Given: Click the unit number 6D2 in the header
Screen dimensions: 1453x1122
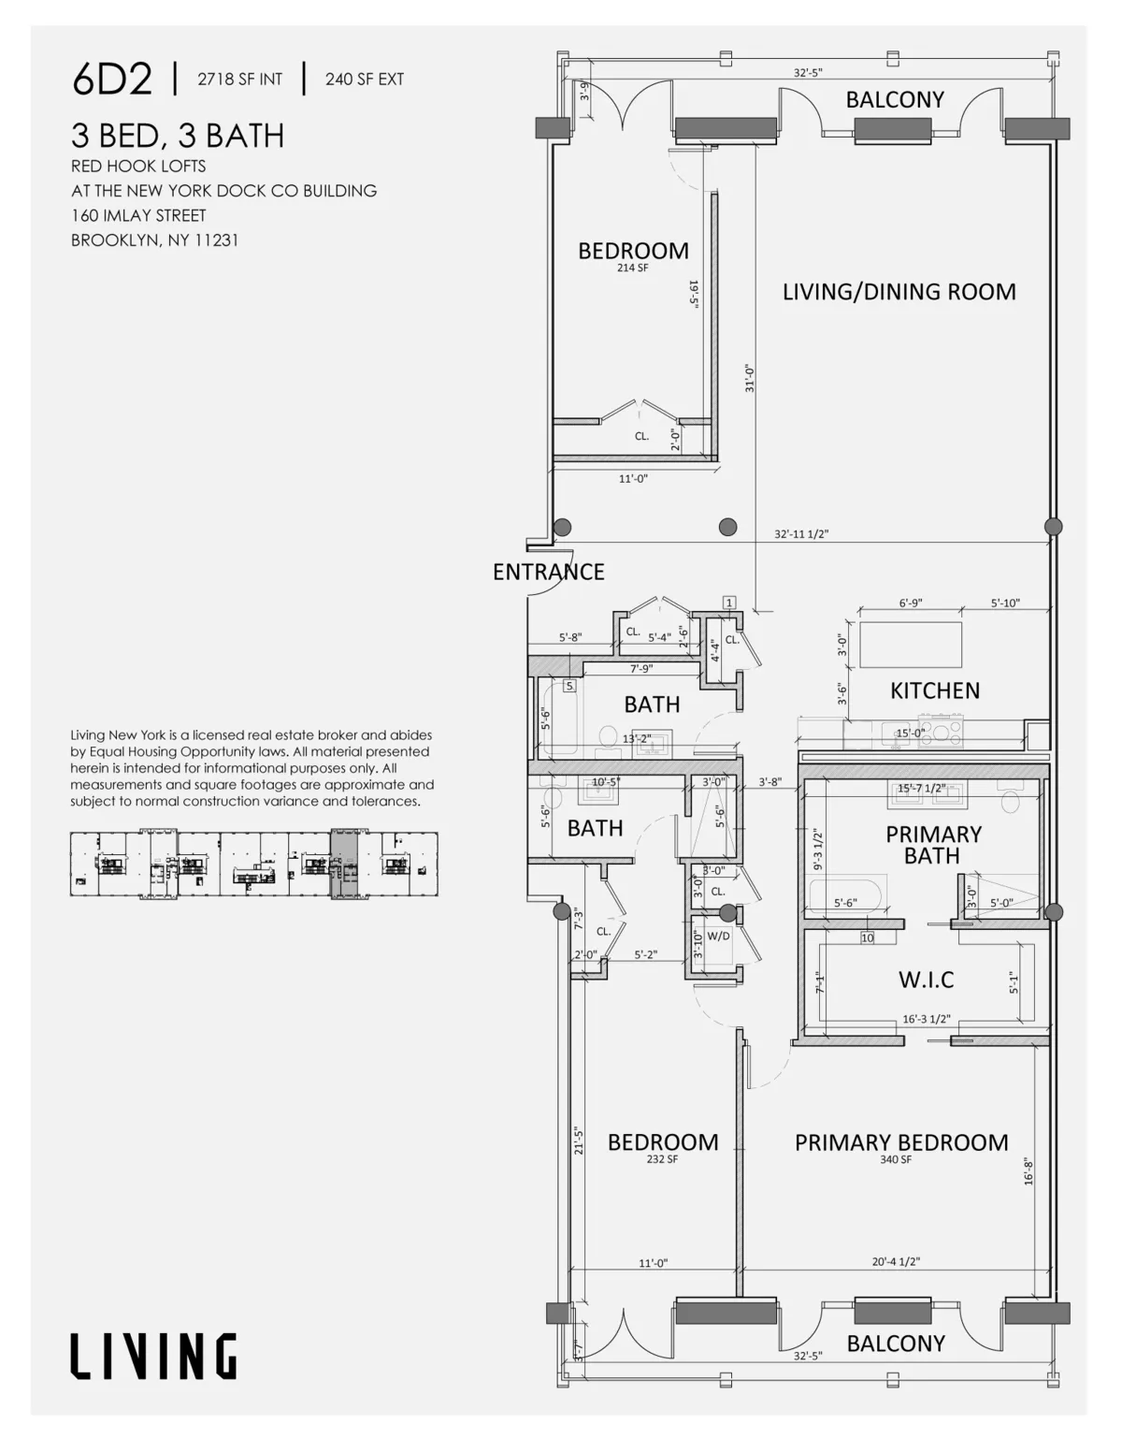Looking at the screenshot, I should tap(111, 80).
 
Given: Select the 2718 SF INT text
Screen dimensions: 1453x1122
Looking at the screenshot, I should tap(239, 80).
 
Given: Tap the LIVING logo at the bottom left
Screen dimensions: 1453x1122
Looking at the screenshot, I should tap(154, 1357).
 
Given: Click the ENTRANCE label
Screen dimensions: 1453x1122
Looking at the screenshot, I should tap(548, 572).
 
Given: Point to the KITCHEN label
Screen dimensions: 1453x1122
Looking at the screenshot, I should tap(934, 690).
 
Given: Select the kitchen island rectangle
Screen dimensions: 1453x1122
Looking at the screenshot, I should tap(910, 644).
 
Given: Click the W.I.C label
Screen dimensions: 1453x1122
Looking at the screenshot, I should tap(926, 980).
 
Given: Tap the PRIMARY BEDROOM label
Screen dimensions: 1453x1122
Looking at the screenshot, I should tap(901, 1142).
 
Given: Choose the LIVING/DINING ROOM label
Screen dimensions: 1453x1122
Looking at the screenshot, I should tap(899, 292).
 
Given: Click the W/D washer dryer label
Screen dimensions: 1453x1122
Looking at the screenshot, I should tap(718, 936).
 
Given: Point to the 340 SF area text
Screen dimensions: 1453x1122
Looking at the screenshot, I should tap(895, 1160).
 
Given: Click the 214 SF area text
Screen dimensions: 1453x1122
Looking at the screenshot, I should tap(632, 268).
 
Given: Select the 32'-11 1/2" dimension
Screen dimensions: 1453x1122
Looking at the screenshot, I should tap(801, 534).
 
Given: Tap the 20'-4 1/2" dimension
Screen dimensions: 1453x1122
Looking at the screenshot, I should tap(895, 1261).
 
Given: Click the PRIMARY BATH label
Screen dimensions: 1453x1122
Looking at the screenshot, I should tap(933, 845).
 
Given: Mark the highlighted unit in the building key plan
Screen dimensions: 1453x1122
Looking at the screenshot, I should tap(345, 865).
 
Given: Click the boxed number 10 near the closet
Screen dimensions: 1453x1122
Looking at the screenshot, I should tap(867, 937).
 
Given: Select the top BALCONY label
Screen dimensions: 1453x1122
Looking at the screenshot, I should tap(895, 100).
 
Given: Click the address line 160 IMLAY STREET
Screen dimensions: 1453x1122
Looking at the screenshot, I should tap(138, 215).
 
